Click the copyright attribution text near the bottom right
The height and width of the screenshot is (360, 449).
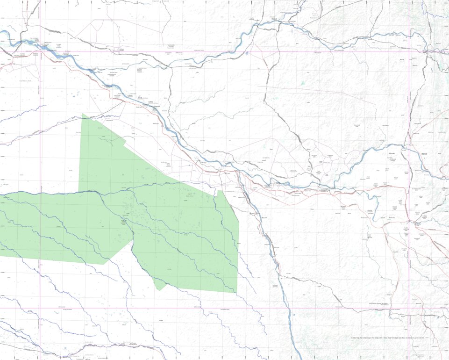point(388,338)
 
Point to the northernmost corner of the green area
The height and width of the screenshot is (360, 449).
point(83,114)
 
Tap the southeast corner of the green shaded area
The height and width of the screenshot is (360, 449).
point(236,293)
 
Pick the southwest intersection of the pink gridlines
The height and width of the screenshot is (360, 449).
point(40,308)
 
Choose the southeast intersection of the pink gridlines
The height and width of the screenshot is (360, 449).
point(411,308)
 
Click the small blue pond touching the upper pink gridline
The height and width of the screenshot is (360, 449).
point(246,52)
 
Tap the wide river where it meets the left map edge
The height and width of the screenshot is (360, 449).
point(1,33)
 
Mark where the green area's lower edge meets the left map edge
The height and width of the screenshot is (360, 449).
point(1,256)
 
